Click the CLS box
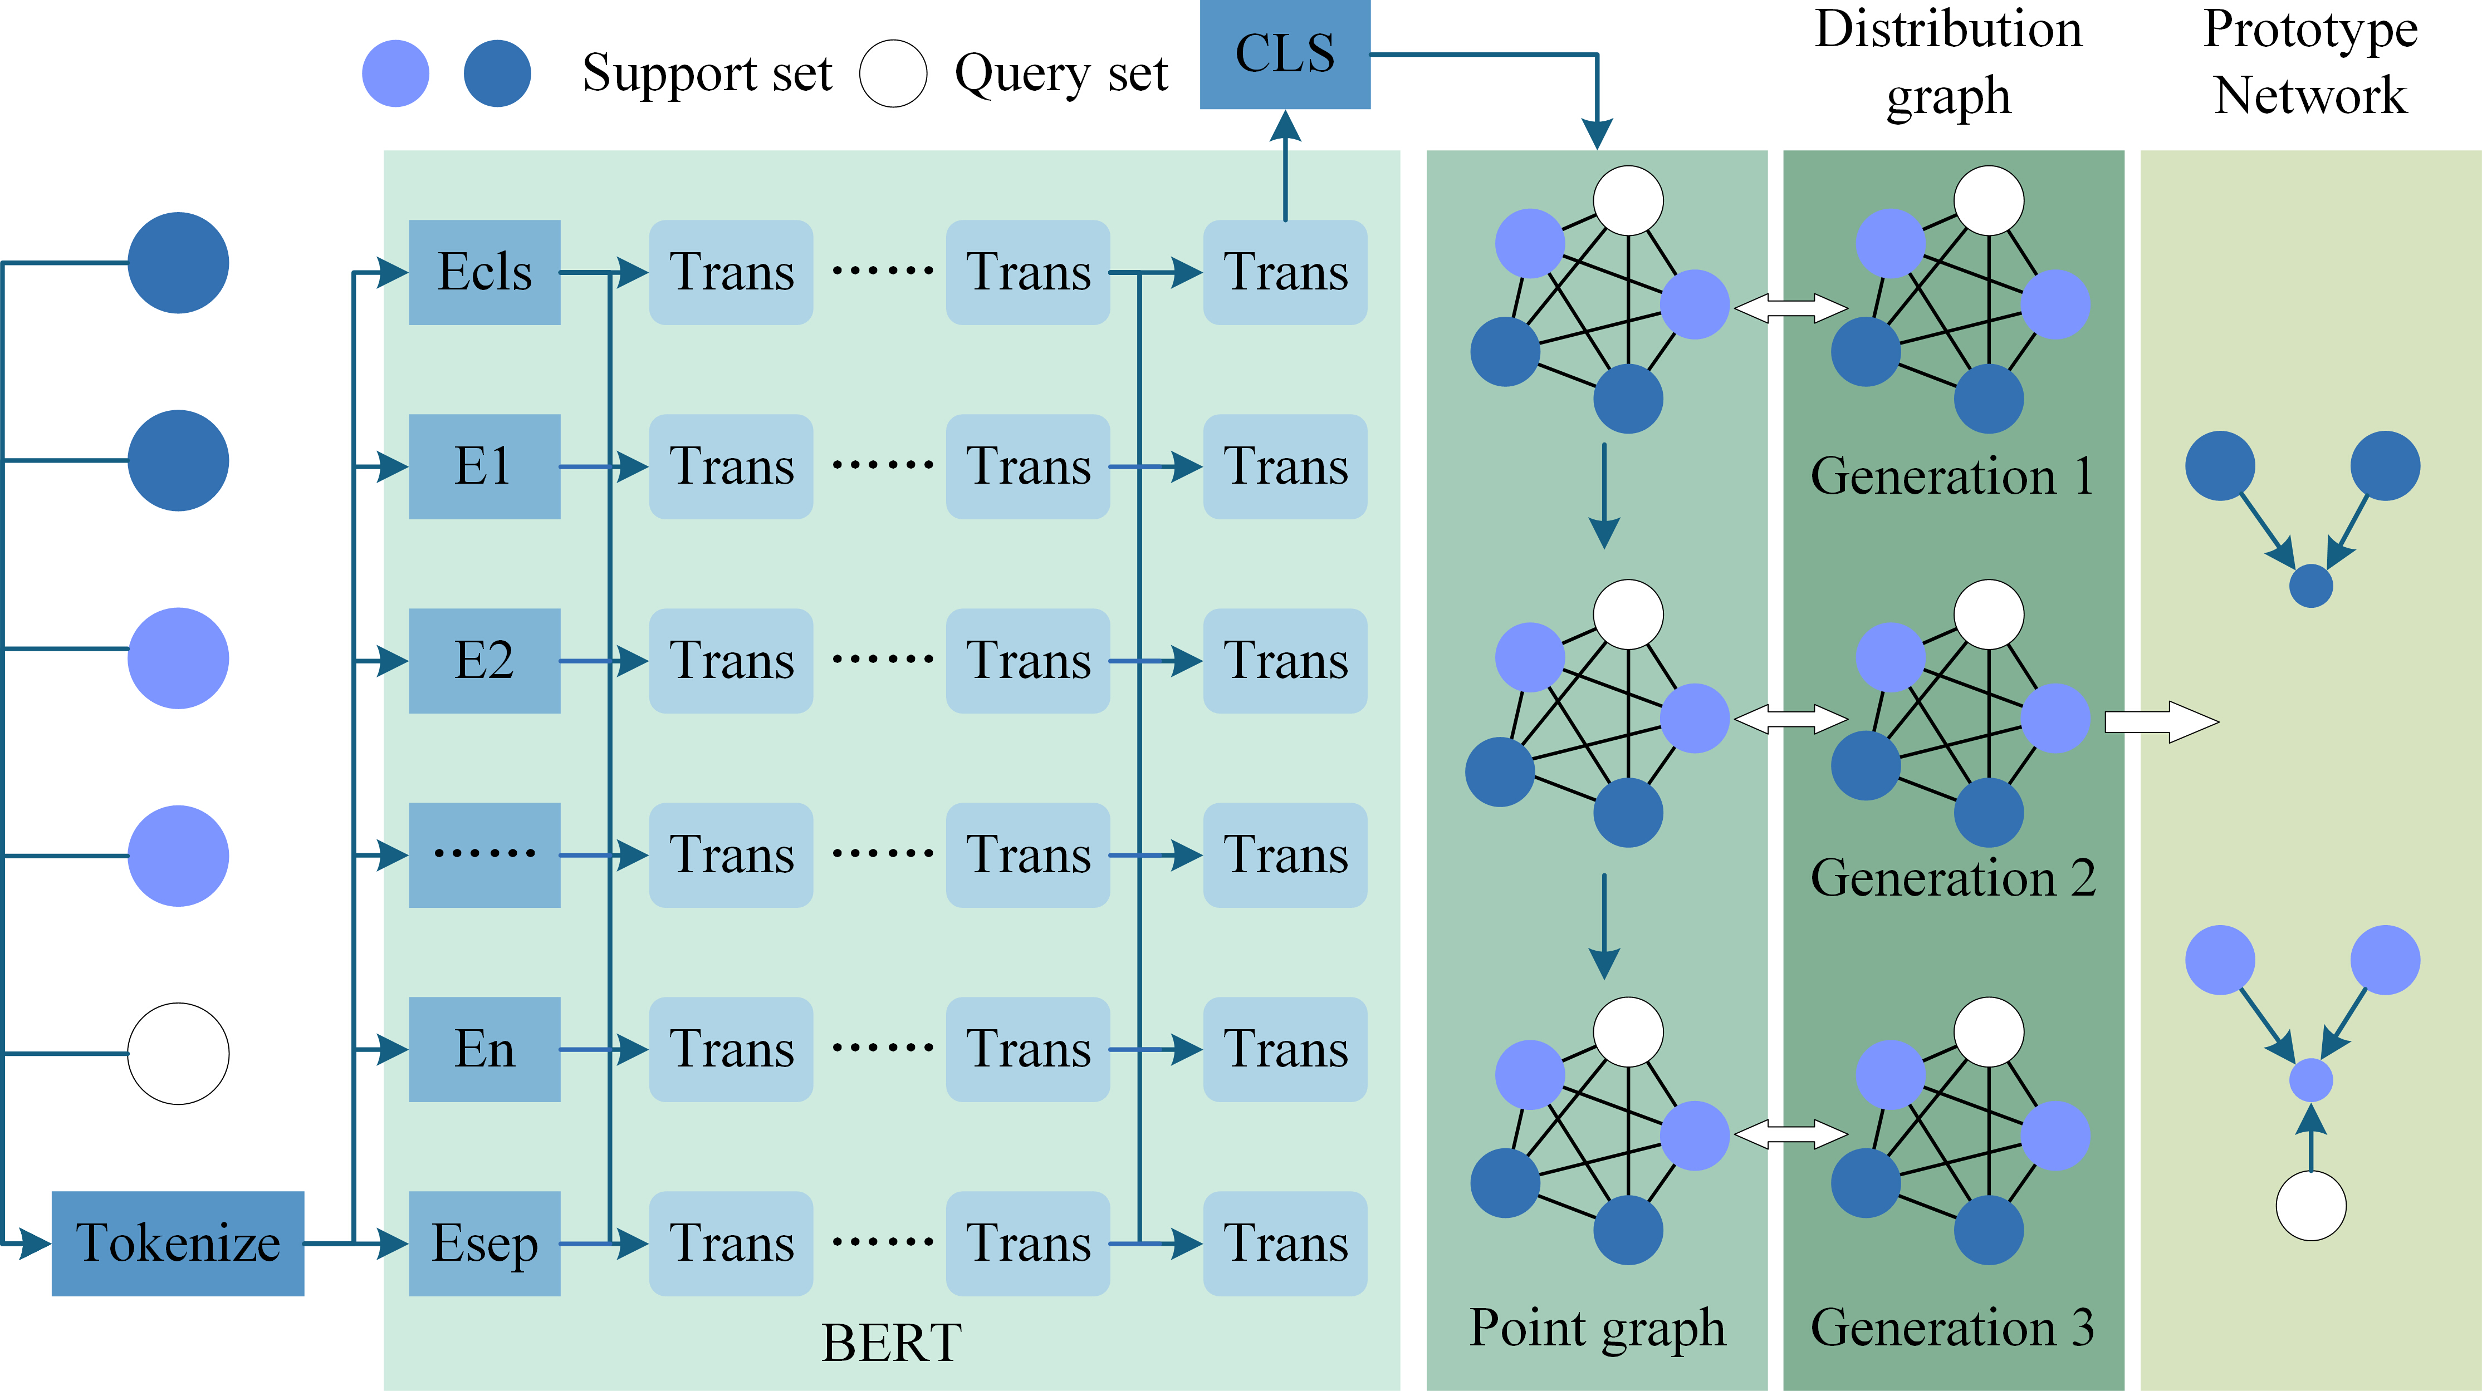click(x=1284, y=54)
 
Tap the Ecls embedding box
click(x=484, y=273)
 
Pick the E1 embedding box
click(x=484, y=466)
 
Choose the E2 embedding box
click(x=484, y=661)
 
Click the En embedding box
click(x=484, y=1049)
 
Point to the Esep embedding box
click(x=484, y=1243)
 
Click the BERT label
click(x=891, y=1342)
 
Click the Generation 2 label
click(x=1953, y=878)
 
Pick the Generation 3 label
click(x=1953, y=1328)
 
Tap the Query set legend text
click(x=1061, y=74)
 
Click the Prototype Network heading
click(x=2310, y=62)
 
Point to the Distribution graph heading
click(x=1948, y=62)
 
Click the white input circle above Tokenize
click(x=178, y=1054)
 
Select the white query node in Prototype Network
click(x=2310, y=1205)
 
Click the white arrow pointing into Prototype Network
click(x=2161, y=721)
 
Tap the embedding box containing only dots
click(x=484, y=854)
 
